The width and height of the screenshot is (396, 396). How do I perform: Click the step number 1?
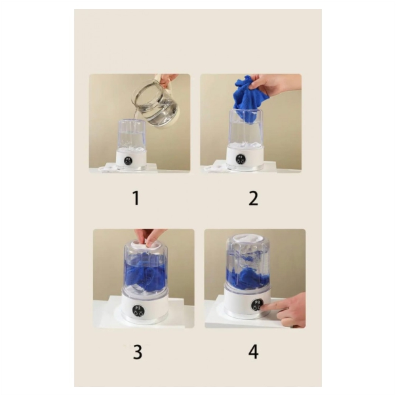click(x=136, y=198)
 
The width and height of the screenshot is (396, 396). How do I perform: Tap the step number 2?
click(x=254, y=198)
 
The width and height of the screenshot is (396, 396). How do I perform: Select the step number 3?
click(x=138, y=351)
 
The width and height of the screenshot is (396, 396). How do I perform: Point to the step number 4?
click(x=254, y=351)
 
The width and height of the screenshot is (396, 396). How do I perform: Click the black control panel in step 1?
click(x=128, y=161)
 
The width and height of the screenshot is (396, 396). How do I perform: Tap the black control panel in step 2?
click(x=241, y=159)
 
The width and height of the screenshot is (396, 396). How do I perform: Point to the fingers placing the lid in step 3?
click(x=149, y=237)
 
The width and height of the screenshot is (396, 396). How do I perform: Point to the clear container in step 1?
click(x=131, y=135)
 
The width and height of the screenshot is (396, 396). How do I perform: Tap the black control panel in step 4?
click(x=258, y=305)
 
